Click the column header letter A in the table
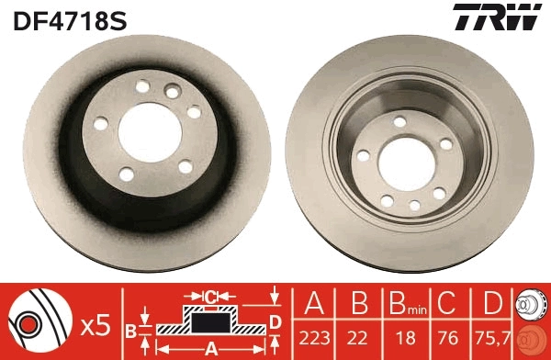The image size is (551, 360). (313, 303)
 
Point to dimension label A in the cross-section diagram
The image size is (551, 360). (209, 349)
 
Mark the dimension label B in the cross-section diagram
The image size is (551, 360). (132, 329)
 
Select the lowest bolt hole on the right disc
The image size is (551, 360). (415, 206)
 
